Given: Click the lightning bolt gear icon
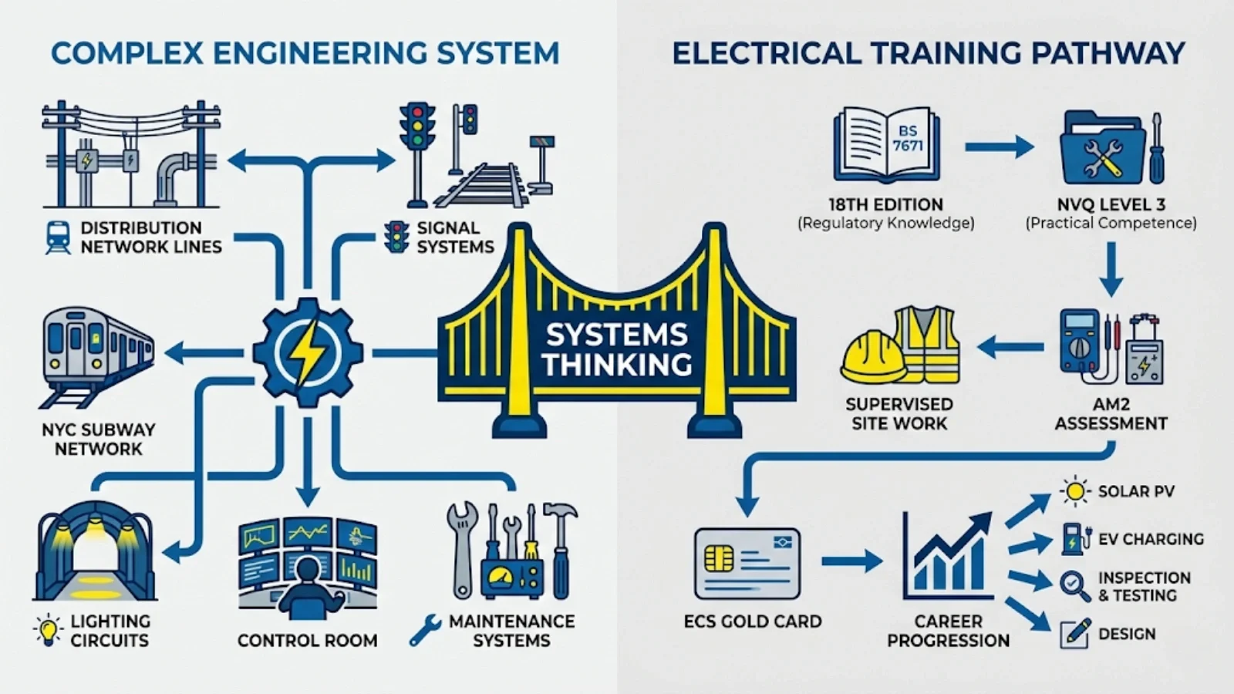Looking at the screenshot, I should [308, 353].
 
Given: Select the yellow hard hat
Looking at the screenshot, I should [872, 356].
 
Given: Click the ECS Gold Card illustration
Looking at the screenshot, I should [747, 564].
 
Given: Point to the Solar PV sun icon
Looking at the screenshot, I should [1074, 491].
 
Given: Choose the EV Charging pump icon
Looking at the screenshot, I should [1073, 538].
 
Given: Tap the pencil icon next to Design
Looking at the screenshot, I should [1075, 633].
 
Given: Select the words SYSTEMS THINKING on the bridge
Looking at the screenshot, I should [616, 349].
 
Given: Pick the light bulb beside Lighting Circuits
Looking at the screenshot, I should [48, 629].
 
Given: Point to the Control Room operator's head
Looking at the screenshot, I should [308, 571].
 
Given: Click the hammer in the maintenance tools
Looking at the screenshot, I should [561, 540].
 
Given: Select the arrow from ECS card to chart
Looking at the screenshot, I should [851, 561].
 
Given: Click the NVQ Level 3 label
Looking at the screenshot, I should [1111, 204].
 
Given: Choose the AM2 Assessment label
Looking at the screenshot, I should [1111, 413].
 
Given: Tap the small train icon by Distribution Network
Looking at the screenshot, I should [58, 238].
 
